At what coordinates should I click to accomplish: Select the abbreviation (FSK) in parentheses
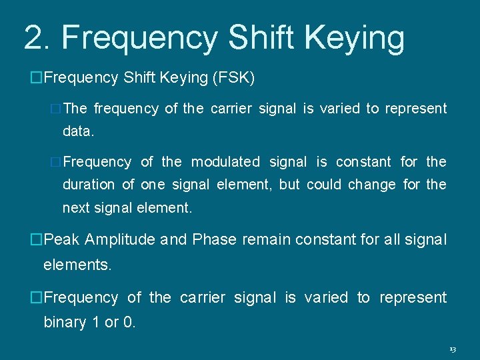tap(233, 78)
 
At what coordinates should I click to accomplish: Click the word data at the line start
tap(78, 131)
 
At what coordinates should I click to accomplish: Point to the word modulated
tap(225, 162)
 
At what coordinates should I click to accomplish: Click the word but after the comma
tap(289, 185)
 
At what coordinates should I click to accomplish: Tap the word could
tap(324, 185)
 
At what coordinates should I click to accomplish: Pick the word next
tap(76, 208)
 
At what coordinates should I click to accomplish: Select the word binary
tap(64, 323)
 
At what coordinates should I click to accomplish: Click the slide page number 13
tap(453, 350)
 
